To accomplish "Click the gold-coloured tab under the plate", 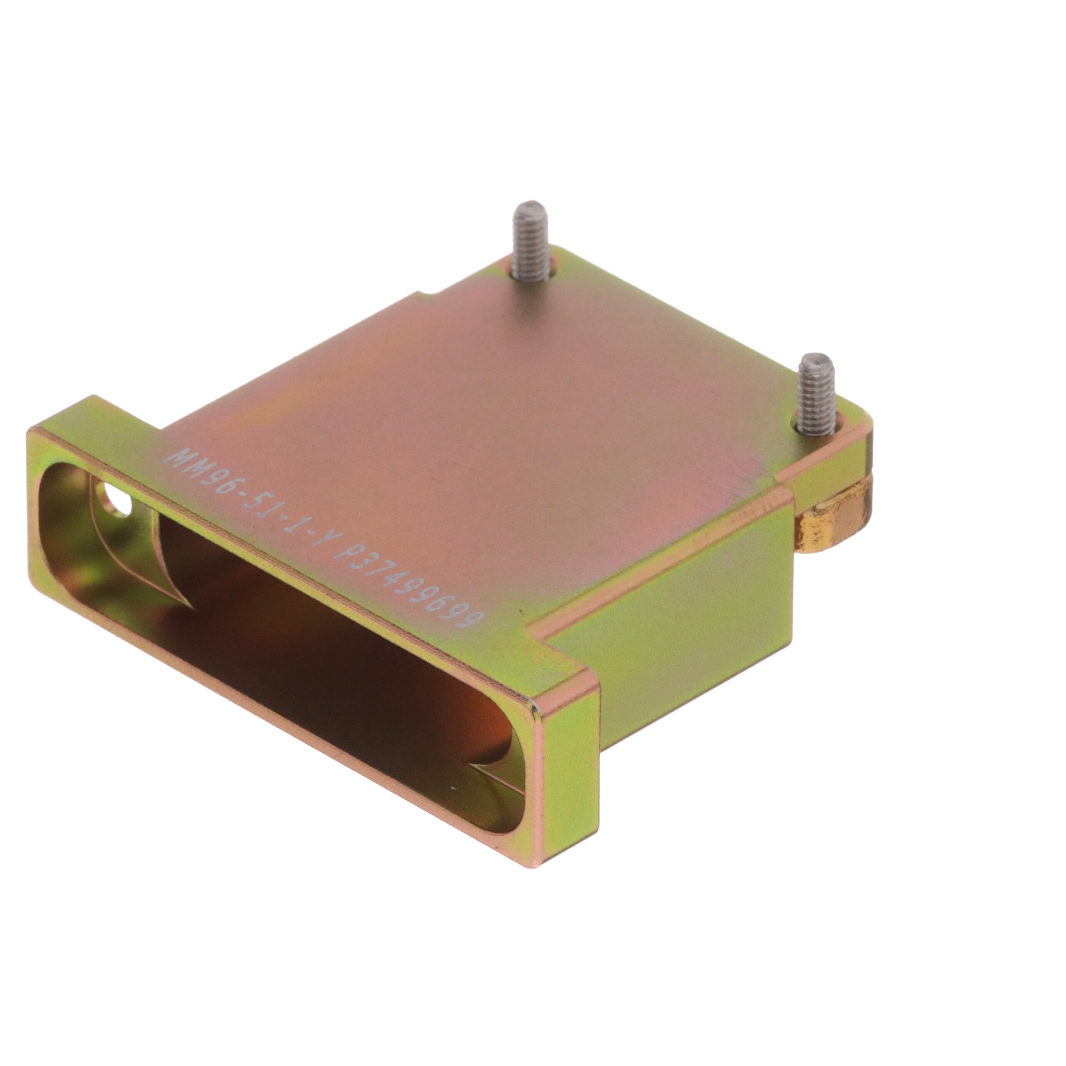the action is coord(837,518).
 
